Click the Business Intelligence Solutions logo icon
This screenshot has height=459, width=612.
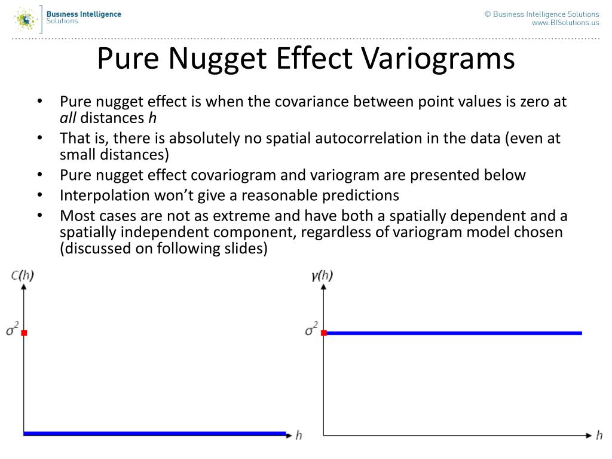point(26,19)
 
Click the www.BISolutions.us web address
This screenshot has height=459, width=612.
point(565,23)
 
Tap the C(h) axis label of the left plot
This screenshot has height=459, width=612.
point(23,276)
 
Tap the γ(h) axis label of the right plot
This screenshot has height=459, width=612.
point(322,276)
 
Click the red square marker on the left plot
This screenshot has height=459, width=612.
point(24,333)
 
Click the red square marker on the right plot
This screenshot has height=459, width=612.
point(323,333)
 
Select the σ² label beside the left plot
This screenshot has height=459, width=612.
point(11,330)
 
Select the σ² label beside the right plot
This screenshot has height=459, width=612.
point(311,330)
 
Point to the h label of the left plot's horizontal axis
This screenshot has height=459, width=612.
point(299,435)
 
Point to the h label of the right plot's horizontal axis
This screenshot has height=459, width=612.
point(599,435)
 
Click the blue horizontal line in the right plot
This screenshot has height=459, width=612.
point(454,333)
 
